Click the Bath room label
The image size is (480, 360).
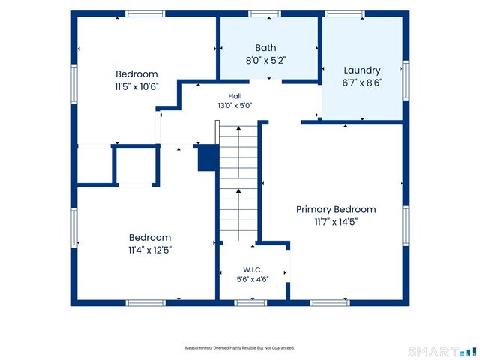pyautogui.click(x=265, y=48)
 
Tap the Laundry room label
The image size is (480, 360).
pyautogui.click(x=362, y=70)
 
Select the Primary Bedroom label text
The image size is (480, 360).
pyautogui.click(x=336, y=210)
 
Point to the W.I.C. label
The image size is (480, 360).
pyautogui.click(x=253, y=270)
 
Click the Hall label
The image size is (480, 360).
pyautogui.click(x=235, y=96)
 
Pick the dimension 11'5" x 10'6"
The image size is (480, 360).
pyautogui.click(x=136, y=87)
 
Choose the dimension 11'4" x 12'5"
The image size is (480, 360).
pyautogui.click(x=150, y=250)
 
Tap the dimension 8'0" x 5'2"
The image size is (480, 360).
pyautogui.click(x=265, y=60)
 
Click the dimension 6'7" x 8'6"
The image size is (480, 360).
pyautogui.click(x=362, y=82)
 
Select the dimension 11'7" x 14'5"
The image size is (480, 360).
pyautogui.click(x=336, y=222)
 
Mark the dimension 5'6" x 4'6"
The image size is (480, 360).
pyautogui.click(x=253, y=279)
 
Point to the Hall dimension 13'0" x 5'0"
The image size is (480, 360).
pyautogui.click(x=235, y=106)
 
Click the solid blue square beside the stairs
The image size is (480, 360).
pyautogui.click(x=208, y=158)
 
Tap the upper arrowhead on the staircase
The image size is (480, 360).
pyautogui.click(x=238, y=128)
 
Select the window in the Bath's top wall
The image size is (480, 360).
pyautogui.click(x=265, y=13)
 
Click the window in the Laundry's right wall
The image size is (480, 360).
pyautogui.click(x=406, y=80)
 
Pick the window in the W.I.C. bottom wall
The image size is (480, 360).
pyautogui.click(x=250, y=303)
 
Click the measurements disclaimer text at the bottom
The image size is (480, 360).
pyautogui.click(x=240, y=348)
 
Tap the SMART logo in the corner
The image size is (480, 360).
pyautogui.click(x=442, y=352)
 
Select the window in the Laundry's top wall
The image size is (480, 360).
pyautogui.click(x=345, y=13)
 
